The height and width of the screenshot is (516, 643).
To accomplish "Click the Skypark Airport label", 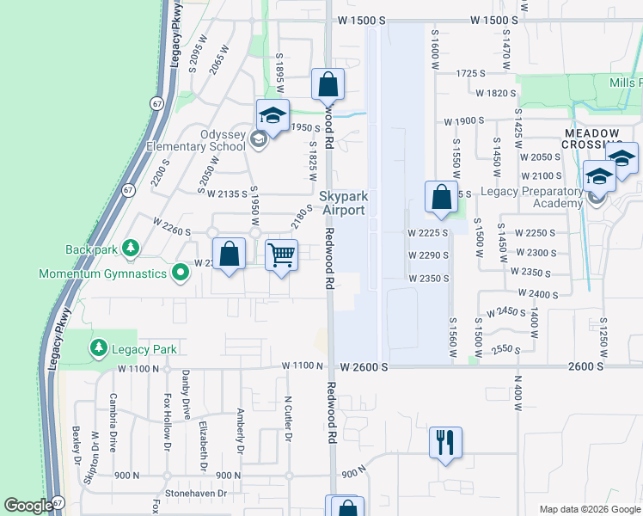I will [x=343, y=203].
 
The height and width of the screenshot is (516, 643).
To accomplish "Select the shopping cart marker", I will [x=282, y=255].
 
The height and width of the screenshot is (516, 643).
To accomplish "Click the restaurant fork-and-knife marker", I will [x=445, y=443].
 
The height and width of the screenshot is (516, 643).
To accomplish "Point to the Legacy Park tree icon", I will [x=99, y=347].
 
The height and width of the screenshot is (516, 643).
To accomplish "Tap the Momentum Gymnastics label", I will [x=102, y=273].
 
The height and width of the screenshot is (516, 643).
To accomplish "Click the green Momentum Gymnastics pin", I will [x=180, y=273].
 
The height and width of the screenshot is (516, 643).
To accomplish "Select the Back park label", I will [x=91, y=249].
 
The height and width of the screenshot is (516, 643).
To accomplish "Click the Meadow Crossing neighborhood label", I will [x=592, y=138].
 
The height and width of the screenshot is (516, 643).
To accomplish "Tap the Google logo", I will [x=28, y=506].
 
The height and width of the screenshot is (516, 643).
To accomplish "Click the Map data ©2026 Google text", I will [x=589, y=508].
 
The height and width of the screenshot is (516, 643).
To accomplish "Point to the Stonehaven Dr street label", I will [x=197, y=494].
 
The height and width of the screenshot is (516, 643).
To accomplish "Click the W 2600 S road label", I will [x=364, y=366].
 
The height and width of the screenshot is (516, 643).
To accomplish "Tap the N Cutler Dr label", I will [x=288, y=419].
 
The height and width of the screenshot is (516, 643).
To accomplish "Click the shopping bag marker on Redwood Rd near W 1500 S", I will [x=327, y=84].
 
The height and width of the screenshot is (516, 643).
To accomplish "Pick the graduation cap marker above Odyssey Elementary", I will [x=273, y=115].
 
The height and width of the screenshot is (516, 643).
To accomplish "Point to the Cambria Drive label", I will [x=113, y=422].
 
